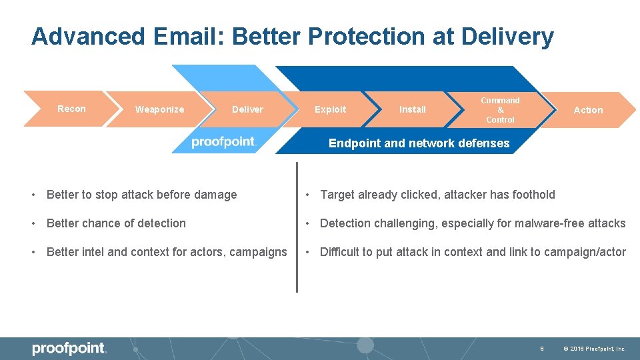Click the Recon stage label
(71, 109)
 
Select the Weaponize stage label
(159, 109)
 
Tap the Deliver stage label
(247, 109)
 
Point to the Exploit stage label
(330, 109)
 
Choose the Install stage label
(412, 109)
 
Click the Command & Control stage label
(500, 110)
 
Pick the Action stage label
(588, 110)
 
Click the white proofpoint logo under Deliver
(224, 142)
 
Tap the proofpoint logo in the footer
(69, 348)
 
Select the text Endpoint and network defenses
(419, 143)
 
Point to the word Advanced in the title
(87, 37)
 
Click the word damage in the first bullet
(215, 195)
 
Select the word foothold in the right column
(532, 195)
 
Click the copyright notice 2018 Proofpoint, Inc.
(594, 349)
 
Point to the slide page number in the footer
(542, 349)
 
